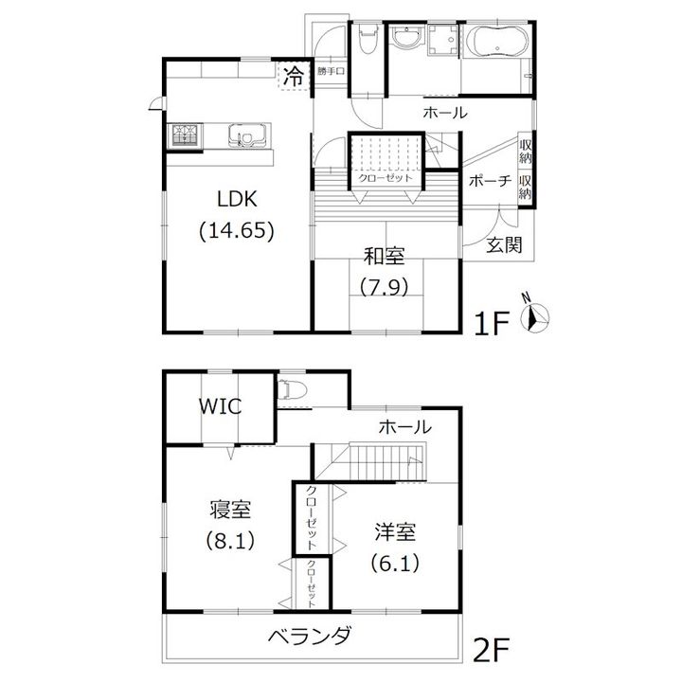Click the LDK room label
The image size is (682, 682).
[237, 199]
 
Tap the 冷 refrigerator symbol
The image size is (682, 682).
[294, 77]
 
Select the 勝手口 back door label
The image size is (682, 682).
[331, 71]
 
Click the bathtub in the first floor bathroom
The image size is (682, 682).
[496, 42]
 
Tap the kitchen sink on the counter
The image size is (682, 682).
[246, 135]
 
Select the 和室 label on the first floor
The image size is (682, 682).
[385, 256]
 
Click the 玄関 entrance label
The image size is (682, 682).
[504, 245]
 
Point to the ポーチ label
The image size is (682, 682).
[491, 181]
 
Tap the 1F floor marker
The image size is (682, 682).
[492, 324]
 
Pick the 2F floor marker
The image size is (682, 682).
[491, 650]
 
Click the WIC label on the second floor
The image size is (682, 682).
[220, 406]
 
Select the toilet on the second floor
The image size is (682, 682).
[285, 389]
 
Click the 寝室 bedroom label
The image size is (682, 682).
[230, 510]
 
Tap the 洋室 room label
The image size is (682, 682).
[395, 532]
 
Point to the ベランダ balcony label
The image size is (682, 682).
[310, 637]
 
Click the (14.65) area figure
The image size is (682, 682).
[237, 231]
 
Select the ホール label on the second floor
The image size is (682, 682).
[405, 427]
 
